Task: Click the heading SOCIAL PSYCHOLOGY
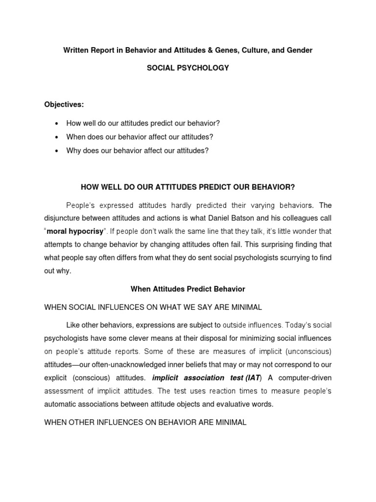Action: (188, 68)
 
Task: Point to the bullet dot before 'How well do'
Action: (57, 124)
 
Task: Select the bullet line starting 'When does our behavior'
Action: (140, 137)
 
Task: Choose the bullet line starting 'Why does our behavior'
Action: (137, 151)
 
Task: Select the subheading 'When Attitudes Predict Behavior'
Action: (188, 289)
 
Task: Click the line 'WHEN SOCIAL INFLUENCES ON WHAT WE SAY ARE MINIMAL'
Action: (153, 307)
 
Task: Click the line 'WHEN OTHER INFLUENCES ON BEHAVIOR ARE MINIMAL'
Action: (145, 422)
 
